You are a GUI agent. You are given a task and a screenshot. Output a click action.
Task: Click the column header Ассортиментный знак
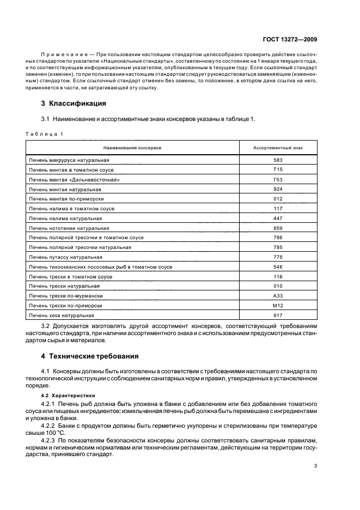pyautogui.click(x=278, y=148)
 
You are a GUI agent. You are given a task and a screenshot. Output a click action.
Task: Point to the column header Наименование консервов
pyautogui.click(x=132, y=148)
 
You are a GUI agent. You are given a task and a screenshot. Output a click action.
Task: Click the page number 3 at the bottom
pyautogui.click(x=316, y=466)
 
